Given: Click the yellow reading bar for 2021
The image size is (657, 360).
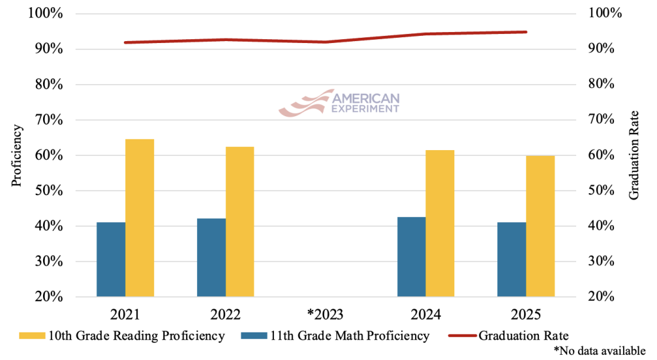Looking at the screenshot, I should coord(140,218).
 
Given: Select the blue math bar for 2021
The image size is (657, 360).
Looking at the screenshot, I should coord(111,259).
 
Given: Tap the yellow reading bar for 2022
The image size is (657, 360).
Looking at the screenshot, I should coord(240,222).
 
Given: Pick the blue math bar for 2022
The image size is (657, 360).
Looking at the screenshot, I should coord(211,257).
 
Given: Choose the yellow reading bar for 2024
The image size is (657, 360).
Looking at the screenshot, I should coord(440,223).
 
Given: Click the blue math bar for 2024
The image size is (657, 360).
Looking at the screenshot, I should coord(411,257).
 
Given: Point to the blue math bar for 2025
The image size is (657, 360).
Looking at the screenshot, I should coord(511,259).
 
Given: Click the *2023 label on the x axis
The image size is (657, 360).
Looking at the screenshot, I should coord(325,314).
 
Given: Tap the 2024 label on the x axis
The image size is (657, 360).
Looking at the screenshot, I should coord(426,314).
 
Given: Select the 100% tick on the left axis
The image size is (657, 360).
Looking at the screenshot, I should coord(46,13).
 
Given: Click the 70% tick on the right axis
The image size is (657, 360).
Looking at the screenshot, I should coord(602,120).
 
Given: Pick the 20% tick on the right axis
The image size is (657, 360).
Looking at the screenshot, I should coord(602,296).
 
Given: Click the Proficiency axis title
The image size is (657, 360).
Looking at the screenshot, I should coord(17,156).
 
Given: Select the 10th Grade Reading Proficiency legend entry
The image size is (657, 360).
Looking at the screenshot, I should coord(122,335).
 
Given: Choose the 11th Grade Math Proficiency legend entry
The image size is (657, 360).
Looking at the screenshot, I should coord(337,335).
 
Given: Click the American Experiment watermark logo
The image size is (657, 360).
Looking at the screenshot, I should coord(339,103).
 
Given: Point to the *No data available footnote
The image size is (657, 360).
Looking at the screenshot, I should coord(599,350).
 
